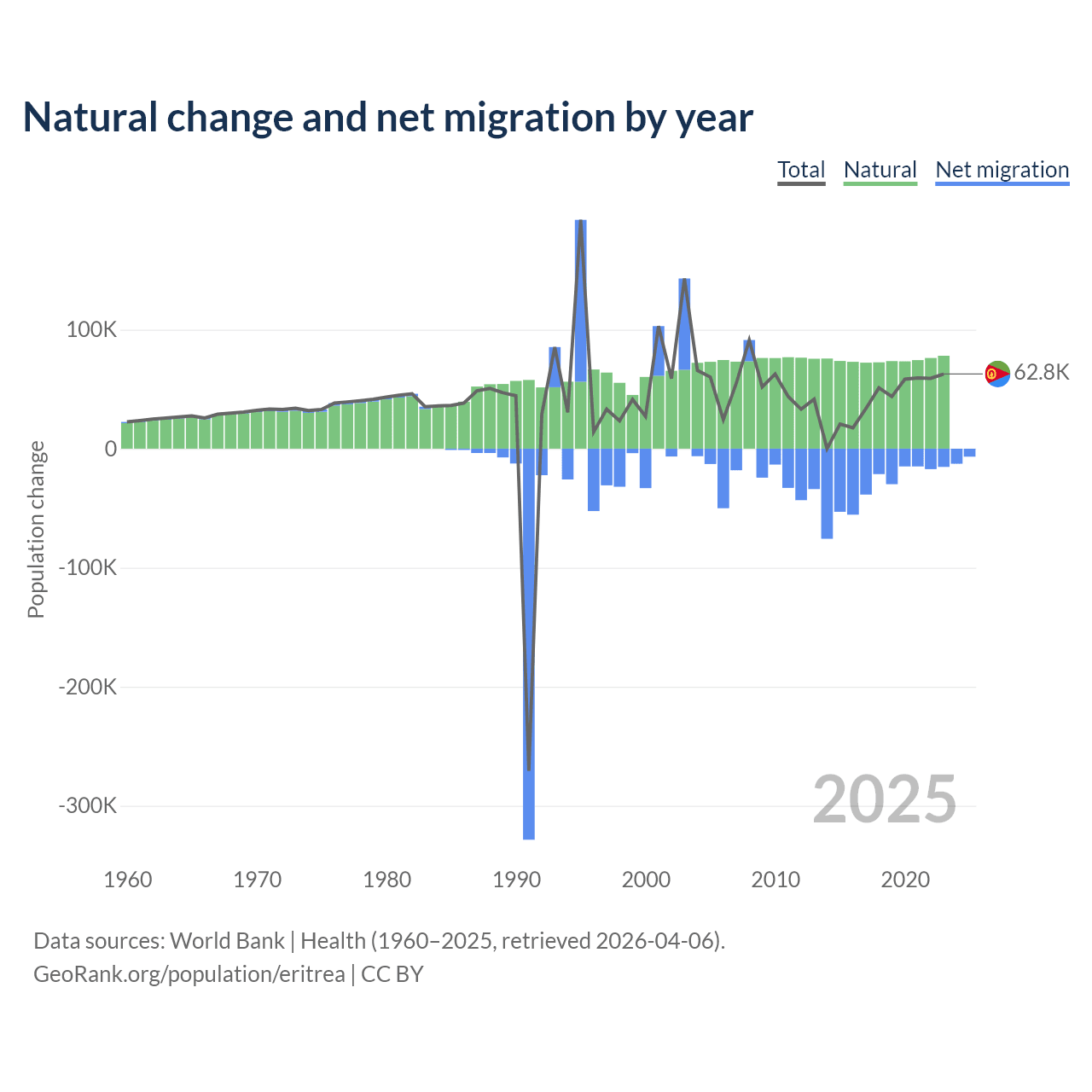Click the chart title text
pos(388,118)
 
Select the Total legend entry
pos(801,170)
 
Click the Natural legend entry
pos(880,170)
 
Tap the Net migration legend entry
pos(1002,170)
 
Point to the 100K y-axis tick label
pos(91,330)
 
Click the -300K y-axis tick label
pos(87,805)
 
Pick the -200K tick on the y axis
pos(87,687)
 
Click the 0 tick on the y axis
pos(110,449)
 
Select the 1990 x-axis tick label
pos(516,880)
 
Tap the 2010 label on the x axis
pos(775,880)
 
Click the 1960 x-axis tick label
pos(128,880)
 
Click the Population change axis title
pos(36,529)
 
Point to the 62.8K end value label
pos(1041,373)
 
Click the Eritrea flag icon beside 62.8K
pos(997,374)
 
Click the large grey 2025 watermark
pos(884,799)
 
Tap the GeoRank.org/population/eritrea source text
pos(189,974)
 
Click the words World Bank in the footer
pos(227,941)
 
